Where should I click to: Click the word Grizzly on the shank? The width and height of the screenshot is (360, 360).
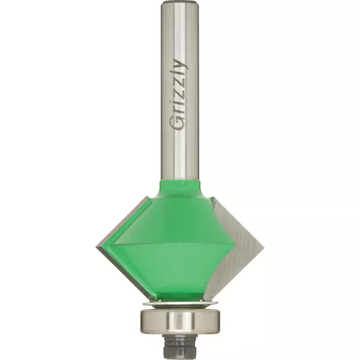(179, 94)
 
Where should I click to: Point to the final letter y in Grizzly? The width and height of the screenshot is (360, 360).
(181, 63)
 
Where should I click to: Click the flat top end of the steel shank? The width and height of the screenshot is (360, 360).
(180, 2)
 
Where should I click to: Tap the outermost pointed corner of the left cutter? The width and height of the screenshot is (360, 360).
(96, 247)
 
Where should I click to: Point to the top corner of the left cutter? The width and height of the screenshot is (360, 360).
(147, 196)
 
